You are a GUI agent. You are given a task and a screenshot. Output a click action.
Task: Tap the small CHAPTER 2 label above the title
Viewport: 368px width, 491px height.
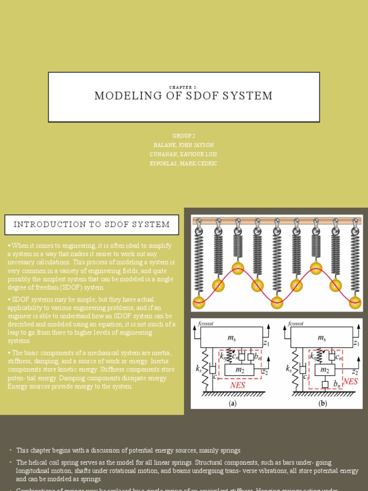click(184, 87)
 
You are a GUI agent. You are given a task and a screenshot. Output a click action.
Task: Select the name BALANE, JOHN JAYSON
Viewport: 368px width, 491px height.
click(184, 145)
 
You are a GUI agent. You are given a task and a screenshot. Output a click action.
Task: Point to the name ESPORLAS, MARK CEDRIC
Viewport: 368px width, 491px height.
click(184, 164)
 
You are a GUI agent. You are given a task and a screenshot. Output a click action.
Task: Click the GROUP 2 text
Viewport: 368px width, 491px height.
click(184, 136)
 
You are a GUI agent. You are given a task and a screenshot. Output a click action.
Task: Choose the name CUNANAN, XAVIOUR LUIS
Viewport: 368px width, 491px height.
click(184, 154)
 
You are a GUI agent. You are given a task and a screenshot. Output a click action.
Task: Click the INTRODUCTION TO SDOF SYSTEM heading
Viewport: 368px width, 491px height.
click(92, 224)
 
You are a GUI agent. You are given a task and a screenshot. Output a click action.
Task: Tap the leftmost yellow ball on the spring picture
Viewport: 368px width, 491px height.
click(198, 303)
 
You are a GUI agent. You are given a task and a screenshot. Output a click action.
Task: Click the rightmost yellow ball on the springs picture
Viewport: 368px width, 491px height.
click(355, 303)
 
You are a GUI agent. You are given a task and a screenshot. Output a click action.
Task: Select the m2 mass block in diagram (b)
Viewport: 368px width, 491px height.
click(325, 370)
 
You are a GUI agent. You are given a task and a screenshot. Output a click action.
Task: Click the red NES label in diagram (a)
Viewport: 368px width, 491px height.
click(238, 385)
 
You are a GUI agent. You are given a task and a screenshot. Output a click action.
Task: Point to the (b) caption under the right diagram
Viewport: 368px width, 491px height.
click(323, 403)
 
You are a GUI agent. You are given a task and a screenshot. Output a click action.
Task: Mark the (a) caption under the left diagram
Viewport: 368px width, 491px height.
click(232, 403)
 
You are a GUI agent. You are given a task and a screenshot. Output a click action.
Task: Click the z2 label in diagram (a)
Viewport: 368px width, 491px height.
click(264, 372)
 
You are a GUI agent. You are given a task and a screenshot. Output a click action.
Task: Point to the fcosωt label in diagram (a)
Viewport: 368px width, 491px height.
click(206, 324)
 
